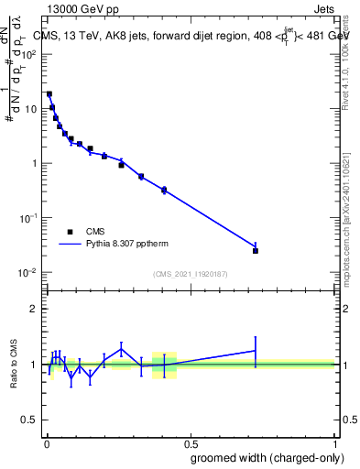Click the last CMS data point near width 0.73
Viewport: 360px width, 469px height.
point(256,251)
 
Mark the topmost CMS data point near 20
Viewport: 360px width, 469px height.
point(49,93)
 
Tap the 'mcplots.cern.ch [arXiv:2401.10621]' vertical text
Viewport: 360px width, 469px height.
point(346,217)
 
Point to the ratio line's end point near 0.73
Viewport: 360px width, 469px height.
point(256,350)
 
